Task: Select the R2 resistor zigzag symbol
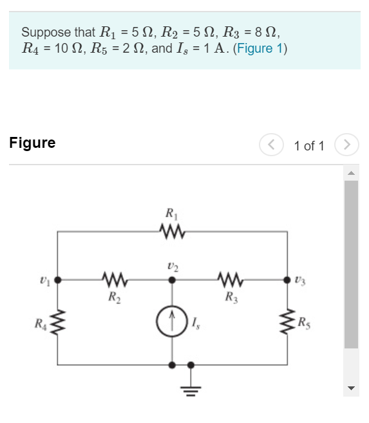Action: [114, 280]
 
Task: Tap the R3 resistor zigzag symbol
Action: [229, 280]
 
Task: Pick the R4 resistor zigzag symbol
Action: [58, 321]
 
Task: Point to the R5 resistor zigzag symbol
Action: [286, 321]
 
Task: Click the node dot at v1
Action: [58, 280]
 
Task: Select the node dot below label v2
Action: [171, 280]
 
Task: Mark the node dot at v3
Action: [286, 280]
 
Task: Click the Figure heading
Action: [32, 143]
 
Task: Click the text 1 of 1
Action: [309, 145]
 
